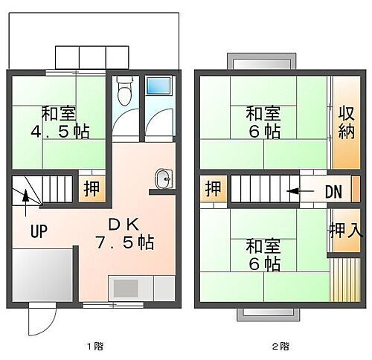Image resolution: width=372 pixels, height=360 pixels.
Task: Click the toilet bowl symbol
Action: click(124, 94)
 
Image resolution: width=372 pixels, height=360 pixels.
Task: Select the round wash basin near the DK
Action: click(163, 179)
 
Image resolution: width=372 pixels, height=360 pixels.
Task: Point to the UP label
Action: click(39, 231)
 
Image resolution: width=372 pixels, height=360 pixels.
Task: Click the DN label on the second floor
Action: click(333, 191)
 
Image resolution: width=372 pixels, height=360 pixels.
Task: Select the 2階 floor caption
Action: click(280, 346)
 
